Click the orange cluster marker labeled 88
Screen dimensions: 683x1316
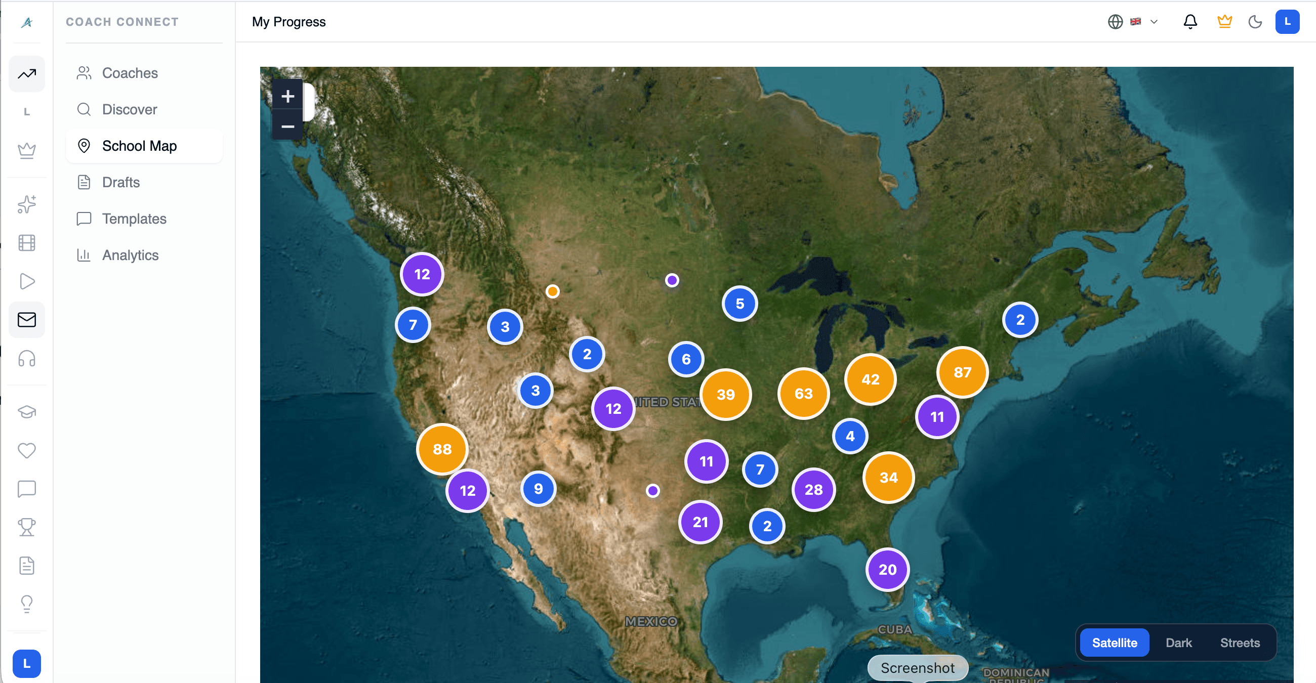tap(442, 449)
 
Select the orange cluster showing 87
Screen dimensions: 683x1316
tap(962, 372)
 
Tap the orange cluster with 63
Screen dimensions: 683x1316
tap(803, 394)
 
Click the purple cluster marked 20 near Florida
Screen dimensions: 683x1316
tap(887, 570)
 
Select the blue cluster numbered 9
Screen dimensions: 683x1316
tap(538, 489)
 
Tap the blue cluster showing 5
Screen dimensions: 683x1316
tap(739, 304)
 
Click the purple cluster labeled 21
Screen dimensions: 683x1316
tap(700, 522)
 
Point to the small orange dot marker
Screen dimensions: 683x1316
tap(552, 291)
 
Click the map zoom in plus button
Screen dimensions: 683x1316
tap(287, 96)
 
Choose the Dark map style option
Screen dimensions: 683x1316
tap(1178, 643)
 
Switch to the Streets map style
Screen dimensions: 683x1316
tap(1240, 643)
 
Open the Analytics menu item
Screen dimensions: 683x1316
tap(130, 255)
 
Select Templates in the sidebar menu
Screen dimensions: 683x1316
tap(134, 219)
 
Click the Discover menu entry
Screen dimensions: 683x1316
tap(129, 110)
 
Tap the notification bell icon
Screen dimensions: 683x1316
tap(1190, 22)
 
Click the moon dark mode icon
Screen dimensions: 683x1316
tap(1255, 22)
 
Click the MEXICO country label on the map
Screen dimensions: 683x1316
tap(651, 621)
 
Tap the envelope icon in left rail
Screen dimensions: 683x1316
tap(26, 320)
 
